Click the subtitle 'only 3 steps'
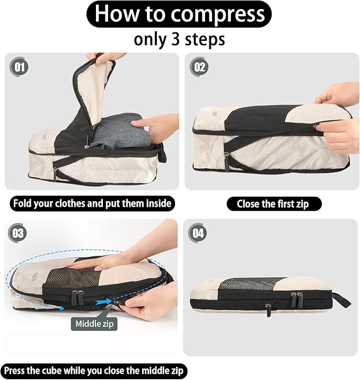pyautogui.click(x=179, y=39)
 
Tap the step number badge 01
pyautogui.click(x=21, y=67)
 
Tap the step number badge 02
pyautogui.click(x=200, y=67)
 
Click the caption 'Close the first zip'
pyautogui.click(x=272, y=203)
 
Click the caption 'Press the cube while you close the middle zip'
pyautogui.click(x=94, y=370)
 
